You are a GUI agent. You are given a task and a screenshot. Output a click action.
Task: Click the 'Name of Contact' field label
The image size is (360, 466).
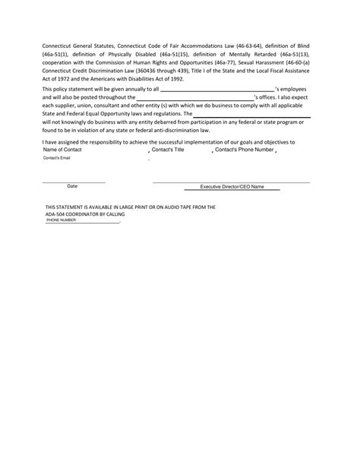point(63,150)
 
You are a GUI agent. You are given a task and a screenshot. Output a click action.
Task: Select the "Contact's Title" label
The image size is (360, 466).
point(168,150)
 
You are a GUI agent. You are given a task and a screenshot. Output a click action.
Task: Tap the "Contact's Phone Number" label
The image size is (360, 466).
point(244,150)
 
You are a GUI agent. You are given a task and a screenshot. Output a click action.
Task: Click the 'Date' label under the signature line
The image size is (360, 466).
point(72,185)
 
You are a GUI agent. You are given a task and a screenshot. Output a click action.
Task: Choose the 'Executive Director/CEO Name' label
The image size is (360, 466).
point(232,186)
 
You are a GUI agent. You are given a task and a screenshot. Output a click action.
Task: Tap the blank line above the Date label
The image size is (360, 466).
point(73,182)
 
